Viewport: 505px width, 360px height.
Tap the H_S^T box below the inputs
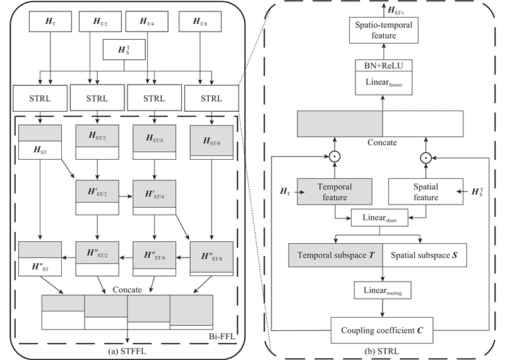[x=125, y=49]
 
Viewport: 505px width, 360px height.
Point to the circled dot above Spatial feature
[x=427, y=155]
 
